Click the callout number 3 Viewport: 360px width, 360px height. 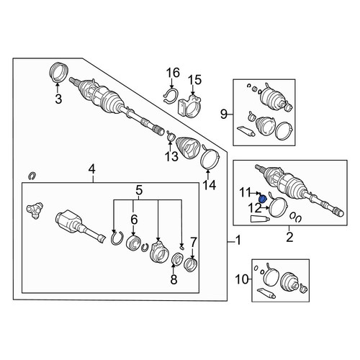(58, 99)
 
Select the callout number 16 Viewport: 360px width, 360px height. (173, 73)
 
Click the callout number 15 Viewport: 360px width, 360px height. (194, 80)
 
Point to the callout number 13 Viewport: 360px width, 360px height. (171, 156)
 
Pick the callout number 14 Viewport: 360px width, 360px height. (210, 185)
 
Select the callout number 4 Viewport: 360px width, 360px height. (92, 170)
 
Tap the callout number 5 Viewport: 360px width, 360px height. (139, 191)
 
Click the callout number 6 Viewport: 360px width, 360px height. (134, 219)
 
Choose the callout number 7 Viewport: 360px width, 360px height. (194, 242)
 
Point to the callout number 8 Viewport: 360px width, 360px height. (174, 279)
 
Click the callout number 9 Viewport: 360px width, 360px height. (224, 114)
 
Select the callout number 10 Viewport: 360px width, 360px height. (242, 279)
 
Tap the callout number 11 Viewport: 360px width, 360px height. (245, 192)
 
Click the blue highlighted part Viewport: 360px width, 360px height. (264, 199)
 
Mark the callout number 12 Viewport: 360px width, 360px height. (255, 208)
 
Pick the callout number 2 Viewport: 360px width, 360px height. (289, 237)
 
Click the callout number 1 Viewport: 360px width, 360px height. (238, 240)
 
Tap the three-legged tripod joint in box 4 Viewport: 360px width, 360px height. (35, 210)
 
